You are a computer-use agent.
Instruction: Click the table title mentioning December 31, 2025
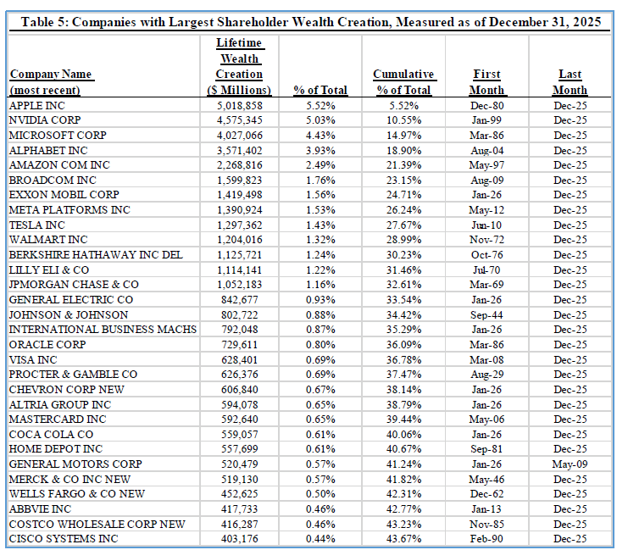pyautogui.click(x=311, y=22)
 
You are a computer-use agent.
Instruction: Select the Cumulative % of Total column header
pyautogui.click(x=403, y=82)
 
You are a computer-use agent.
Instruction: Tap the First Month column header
pyautogui.click(x=486, y=82)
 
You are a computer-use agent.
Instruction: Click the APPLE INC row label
pyautogui.click(x=37, y=105)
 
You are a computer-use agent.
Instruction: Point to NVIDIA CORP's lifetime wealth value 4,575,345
pyautogui.click(x=240, y=120)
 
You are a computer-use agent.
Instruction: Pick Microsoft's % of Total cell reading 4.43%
pyautogui.click(x=320, y=136)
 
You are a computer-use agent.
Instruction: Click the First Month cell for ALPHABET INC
pyautogui.click(x=487, y=150)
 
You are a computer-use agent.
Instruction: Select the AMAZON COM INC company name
pyautogui.click(x=59, y=165)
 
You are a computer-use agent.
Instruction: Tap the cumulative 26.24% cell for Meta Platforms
pyautogui.click(x=403, y=209)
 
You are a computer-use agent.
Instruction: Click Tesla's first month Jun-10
pyautogui.click(x=487, y=225)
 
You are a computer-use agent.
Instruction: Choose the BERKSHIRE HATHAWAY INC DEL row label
pyautogui.click(x=96, y=255)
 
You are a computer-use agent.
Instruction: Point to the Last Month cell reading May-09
pyautogui.click(x=570, y=464)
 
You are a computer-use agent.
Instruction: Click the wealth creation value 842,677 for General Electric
pyautogui.click(x=240, y=300)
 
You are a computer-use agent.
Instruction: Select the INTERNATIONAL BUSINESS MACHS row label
pyautogui.click(x=103, y=330)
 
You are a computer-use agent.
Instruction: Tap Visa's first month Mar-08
pyautogui.click(x=487, y=359)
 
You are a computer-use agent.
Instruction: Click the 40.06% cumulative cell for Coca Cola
pyautogui.click(x=403, y=435)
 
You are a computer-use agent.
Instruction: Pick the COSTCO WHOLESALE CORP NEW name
pyautogui.click(x=97, y=524)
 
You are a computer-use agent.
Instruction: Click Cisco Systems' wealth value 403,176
pyautogui.click(x=240, y=539)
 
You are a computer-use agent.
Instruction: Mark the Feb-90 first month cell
pyautogui.click(x=487, y=539)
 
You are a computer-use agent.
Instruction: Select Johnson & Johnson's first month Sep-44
pyautogui.click(x=487, y=315)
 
